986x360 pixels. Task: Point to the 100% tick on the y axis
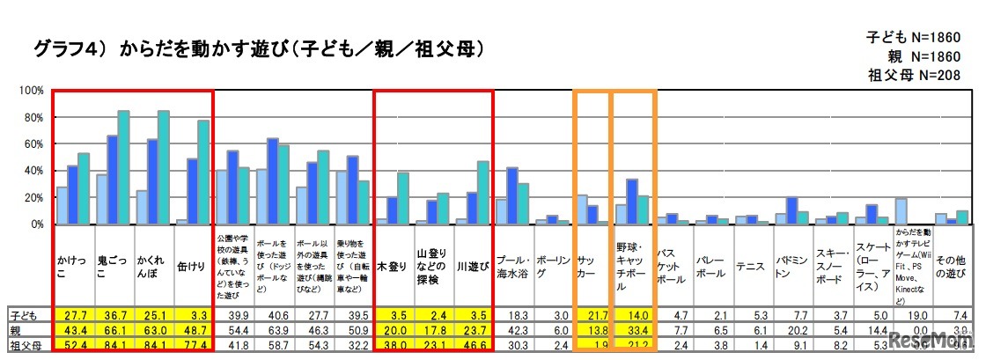pos(31,91)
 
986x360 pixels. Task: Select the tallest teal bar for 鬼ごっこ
pos(124,167)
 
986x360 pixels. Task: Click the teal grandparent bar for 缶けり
pos(203,172)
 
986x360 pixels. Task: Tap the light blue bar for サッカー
pos(581,209)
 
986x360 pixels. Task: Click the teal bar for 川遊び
pos(483,193)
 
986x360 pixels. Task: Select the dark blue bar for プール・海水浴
pos(512,195)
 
